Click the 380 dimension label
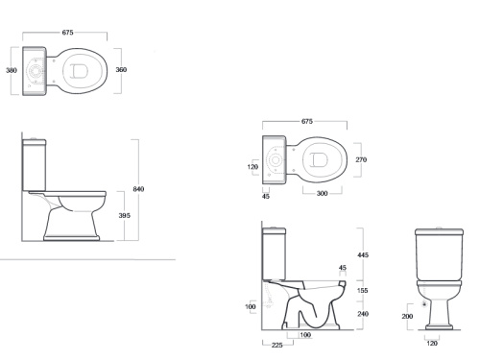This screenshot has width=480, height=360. click(x=12, y=70)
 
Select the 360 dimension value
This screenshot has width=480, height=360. click(x=121, y=69)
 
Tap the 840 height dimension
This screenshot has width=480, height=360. click(x=138, y=189)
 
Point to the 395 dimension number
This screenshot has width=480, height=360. click(x=125, y=216)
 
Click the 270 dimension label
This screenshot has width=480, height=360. click(x=361, y=159)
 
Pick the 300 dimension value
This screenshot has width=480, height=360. click(x=322, y=193)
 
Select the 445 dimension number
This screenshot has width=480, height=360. click(x=363, y=255)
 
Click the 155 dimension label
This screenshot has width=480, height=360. click(x=363, y=291)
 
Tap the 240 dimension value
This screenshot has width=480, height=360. click(x=363, y=314)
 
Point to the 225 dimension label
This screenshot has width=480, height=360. click(x=277, y=345)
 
